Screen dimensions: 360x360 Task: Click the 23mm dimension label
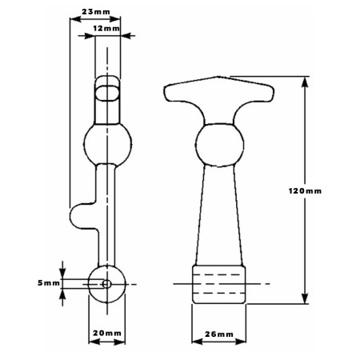pos(96,12)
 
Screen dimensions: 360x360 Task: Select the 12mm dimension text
pos(106,28)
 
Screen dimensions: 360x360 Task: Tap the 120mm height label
pos(305,191)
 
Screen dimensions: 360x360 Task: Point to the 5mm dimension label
pos(49,283)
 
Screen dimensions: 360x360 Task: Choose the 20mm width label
pos(107,333)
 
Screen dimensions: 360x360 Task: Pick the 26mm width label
pos(219,334)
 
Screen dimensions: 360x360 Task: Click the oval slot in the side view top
pos(107,93)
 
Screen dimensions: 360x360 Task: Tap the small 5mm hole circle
pos(106,284)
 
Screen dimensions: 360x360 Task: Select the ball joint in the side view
pos(107,145)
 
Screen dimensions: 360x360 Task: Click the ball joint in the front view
pos(219,145)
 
